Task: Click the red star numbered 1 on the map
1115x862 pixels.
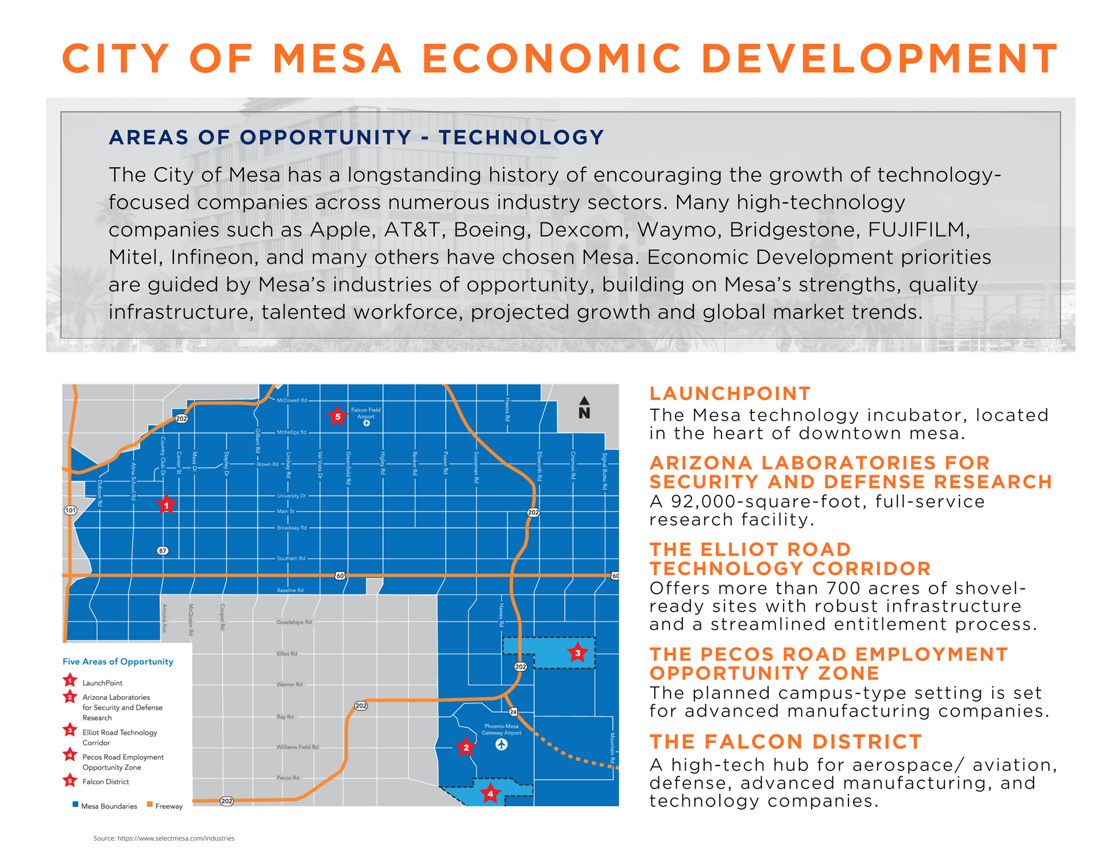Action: click(166, 505)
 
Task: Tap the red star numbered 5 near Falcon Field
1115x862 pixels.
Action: click(338, 417)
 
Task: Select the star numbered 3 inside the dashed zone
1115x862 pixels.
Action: click(577, 653)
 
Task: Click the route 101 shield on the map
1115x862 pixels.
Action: click(70, 510)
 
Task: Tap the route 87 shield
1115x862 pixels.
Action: click(163, 551)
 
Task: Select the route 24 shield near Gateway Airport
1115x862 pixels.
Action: click(513, 712)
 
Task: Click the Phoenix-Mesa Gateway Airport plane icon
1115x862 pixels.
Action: click(501, 745)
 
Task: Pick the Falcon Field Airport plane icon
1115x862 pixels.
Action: click(366, 424)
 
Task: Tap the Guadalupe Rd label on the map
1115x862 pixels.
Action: click(294, 622)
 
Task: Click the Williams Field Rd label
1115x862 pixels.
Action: click(297, 747)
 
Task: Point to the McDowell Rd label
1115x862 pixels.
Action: click(292, 401)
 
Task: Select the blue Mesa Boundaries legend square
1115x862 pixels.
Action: click(75, 805)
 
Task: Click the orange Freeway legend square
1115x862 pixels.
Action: click(150, 805)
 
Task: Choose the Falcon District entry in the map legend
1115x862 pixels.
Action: click(105, 782)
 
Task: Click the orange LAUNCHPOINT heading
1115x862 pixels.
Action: click(730, 394)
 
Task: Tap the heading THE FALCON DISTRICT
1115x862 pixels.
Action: click(785, 742)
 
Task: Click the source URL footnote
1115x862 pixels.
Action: click(164, 838)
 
